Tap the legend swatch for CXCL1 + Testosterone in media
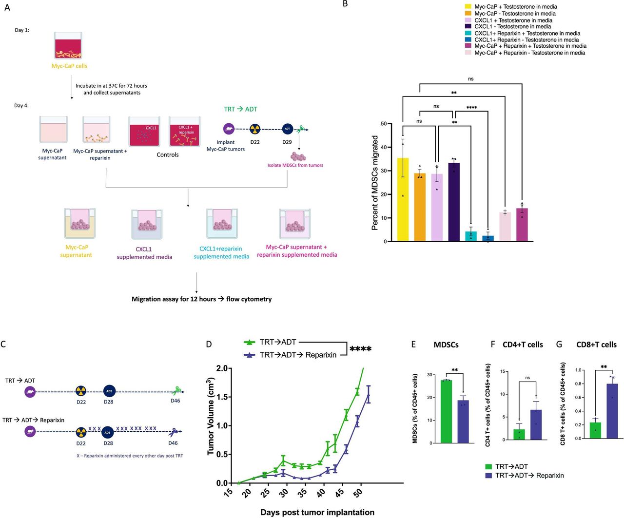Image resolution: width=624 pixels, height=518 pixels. tap(468, 20)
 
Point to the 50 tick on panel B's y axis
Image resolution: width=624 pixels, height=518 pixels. tap(384, 124)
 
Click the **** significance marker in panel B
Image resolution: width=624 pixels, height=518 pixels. tap(471, 108)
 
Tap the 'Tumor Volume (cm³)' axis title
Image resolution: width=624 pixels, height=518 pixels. tap(211, 416)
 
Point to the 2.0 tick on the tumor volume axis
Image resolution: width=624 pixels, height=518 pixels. tap(222, 368)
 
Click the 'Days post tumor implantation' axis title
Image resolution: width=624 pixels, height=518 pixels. tap(317, 512)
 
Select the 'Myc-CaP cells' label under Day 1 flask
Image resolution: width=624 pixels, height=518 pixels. tap(70, 66)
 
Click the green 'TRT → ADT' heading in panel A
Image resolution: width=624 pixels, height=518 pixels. tap(240, 109)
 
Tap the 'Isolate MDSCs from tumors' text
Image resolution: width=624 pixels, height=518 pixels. tap(295, 165)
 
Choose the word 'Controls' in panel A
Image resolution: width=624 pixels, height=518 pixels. tap(168, 155)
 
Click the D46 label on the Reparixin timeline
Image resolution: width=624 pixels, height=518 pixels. tap(173, 443)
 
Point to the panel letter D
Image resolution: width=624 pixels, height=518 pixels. tap(209, 345)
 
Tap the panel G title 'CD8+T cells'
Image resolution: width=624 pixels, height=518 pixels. tap(596, 345)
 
